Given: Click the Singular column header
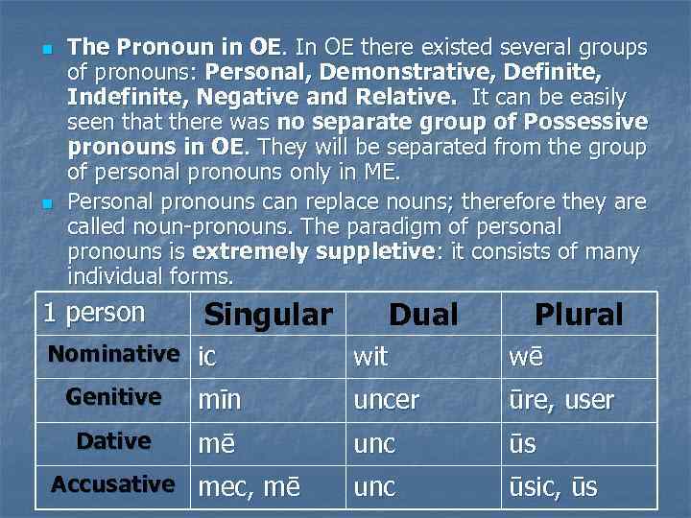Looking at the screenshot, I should pyautogui.click(x=269, y=315).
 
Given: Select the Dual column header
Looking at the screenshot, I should pyautogui.click(x=423, y=315).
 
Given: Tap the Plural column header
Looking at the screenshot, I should pyautogui.click(x=579, y=315).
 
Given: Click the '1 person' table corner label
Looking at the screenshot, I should pyautogui.click(x=95, y=313).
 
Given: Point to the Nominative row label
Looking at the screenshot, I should pyautogui.click(x=113, y=354).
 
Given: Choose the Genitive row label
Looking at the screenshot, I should pyautogui.click(x=113, y=397).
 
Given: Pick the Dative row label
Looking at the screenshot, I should pyautogui.click(x=113, y=441).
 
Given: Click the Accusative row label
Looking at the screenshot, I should pyautogui.click(x=113, y=484).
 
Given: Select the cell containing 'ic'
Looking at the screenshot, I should pyautogui.click(x=207, y=357).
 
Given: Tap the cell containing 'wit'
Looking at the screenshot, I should pyautogui.click(x=371, y=357).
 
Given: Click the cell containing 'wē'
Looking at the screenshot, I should pyautogui.click(x=526, y=357).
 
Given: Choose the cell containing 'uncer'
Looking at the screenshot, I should pyautogui.click(x=387, y=400).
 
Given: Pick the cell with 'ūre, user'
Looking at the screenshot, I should pyautogui.click(x=561, y=400).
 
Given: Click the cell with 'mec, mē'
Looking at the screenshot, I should pyautogui.click(x=249, y=487).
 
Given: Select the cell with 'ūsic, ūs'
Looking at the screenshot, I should pyautogui.click(x=553, y=487).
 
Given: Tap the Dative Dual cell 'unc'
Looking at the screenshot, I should pyautogui.click(x=374, y=444).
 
